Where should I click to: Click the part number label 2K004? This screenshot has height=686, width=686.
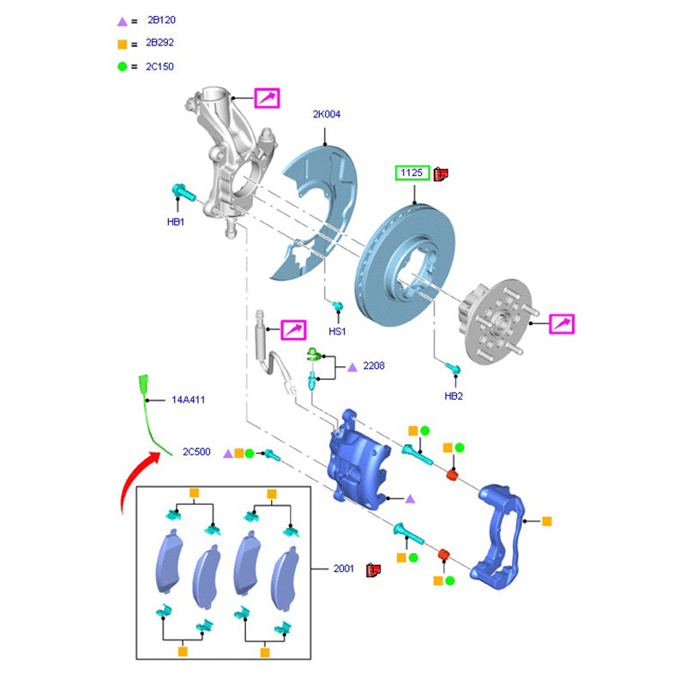(326, 114)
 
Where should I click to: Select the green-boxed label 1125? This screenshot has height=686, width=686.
(412, 173)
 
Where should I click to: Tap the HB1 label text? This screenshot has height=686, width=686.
(176, 223)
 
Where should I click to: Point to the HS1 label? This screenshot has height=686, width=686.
(337, 331)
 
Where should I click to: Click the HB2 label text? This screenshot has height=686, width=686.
(454, 396)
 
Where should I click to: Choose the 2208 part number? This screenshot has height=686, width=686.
(374, 366)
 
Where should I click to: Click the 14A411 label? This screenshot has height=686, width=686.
(188, 400)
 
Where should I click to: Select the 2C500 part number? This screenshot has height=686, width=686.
(196, 452)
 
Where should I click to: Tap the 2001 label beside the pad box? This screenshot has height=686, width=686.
(345, 569)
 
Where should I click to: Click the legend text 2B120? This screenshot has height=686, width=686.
(161, 19)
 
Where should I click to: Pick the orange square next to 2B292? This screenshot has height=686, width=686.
(122, 43)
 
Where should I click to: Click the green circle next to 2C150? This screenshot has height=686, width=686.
(122, 66)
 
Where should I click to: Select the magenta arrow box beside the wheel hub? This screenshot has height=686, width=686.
(562, 324)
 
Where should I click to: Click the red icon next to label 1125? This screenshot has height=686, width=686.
(442, 174)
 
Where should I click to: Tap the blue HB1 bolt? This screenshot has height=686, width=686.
(183, 191)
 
